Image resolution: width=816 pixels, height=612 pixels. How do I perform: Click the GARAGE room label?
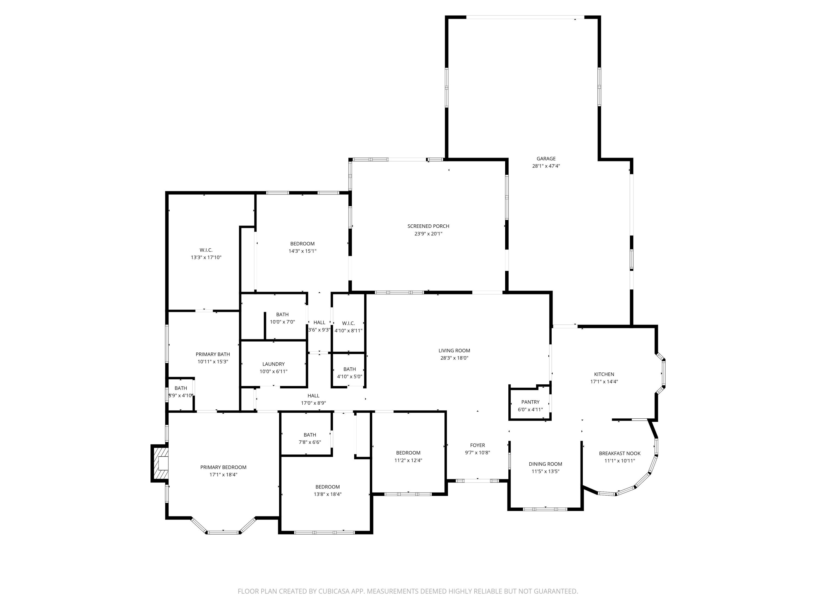click(546, 159)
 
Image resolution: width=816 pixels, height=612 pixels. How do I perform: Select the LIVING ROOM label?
click(454, 350)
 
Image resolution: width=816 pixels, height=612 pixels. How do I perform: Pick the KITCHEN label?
click(604, 374)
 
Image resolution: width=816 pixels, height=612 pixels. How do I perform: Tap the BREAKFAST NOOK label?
click(619, 453)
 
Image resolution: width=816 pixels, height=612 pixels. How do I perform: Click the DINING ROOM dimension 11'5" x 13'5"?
click(545, 471)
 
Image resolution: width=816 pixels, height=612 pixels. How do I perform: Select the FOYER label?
click(477, 445)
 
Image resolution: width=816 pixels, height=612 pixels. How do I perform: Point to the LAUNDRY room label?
click(273, 364)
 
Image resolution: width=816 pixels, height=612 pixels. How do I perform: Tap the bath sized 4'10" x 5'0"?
click(349, 373)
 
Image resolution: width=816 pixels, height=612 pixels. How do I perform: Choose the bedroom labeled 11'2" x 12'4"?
click(408, 457)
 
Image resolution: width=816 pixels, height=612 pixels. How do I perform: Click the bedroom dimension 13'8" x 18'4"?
click(327, 494)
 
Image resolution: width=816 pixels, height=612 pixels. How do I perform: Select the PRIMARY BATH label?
click(212, 354)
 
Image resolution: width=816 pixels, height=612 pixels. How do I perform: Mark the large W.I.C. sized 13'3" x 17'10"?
click(206, 254)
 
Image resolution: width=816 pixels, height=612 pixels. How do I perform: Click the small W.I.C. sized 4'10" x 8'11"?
click(348, 327)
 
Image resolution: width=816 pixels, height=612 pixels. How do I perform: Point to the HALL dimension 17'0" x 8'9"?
click(313, 403)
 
